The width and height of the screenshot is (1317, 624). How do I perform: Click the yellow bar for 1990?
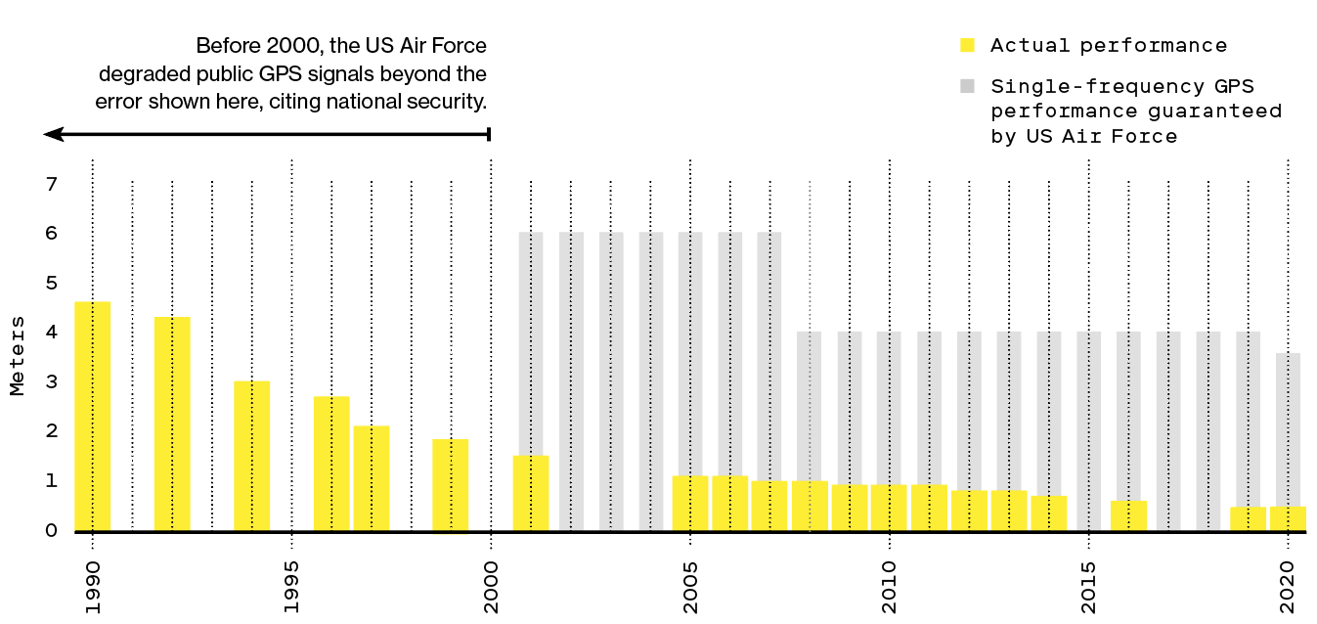point(92,416)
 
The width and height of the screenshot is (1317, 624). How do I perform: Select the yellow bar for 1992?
point(172,423)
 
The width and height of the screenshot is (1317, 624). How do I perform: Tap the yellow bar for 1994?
point(251,456)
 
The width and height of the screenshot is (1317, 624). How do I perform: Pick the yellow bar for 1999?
point(451,484)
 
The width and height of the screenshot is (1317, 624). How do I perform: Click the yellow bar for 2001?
point(531,493)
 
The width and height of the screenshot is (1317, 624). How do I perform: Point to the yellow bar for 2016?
point(1128,515)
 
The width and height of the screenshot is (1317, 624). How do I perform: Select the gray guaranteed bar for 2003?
point(611,381)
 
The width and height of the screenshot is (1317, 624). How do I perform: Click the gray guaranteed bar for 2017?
point(1168,430)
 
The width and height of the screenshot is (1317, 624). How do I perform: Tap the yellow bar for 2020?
point(1288,518)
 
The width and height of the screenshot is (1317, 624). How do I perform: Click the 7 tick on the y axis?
point(52,184)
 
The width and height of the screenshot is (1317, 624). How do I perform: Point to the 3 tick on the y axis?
point(52,381)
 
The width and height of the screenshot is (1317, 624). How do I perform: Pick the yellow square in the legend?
point(967,45)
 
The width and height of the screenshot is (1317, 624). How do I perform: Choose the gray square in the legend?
point(967,86)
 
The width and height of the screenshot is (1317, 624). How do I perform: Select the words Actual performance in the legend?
point(1108,45)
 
